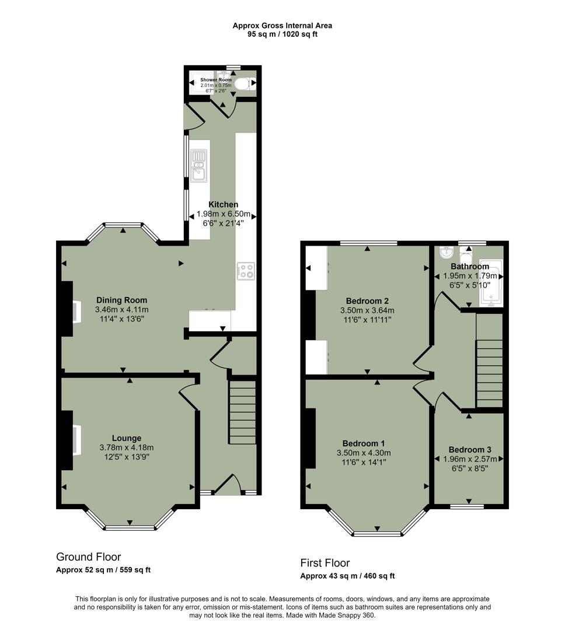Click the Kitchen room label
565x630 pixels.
click(224, 204)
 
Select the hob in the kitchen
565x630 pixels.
click(246, 271)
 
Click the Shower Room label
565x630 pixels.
click(216, 79)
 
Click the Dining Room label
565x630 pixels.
click(121, 300)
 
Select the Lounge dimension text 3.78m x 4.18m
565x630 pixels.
click(127, 447)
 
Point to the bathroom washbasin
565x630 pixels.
click(446, 253)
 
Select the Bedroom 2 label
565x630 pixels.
click(367, 301)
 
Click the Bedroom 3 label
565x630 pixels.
click(469, 450)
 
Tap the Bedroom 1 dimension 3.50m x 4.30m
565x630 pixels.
click(364, 453)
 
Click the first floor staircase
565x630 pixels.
click(490, 362)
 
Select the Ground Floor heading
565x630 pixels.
click(88, 557)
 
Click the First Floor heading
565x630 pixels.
click(325, 563)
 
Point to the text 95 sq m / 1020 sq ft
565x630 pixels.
click(282, 34)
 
